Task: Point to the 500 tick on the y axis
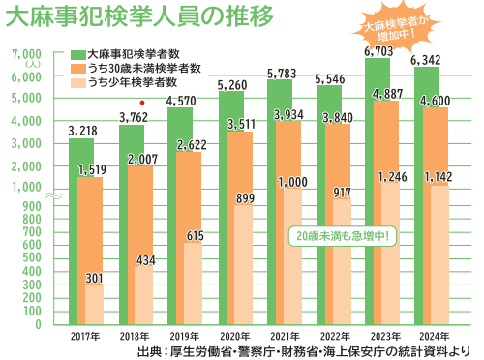tap(33, 265)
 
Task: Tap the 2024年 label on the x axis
tap(431, 335)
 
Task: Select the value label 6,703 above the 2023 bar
tap(378, 50)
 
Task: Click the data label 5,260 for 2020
tap(229, 84)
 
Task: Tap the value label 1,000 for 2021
tap(291, 182)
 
